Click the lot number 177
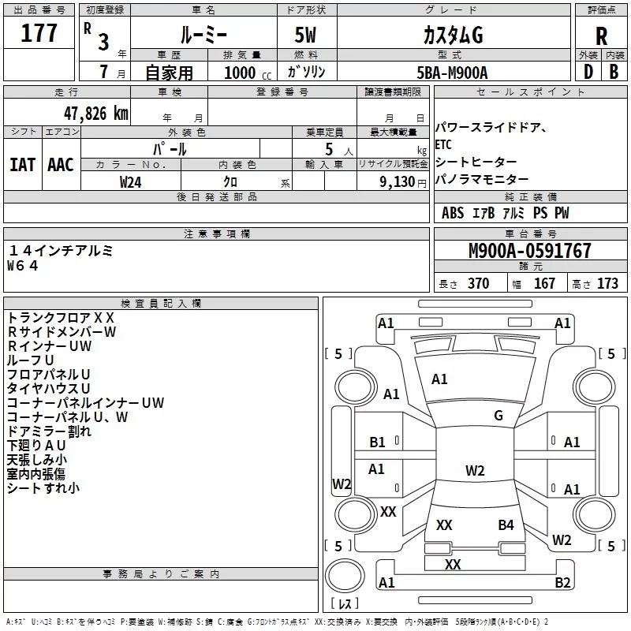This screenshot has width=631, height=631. click(x=39, y=33)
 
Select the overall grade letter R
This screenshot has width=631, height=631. click(x=601, y=36)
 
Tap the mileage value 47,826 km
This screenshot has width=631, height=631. click(x=95, y=114)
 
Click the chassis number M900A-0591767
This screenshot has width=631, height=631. click(x=530, y=251)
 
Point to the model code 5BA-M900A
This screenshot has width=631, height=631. click(x=452, y=73)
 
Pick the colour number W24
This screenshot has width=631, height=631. click(x=130, y=182)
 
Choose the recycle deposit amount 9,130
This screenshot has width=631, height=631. click(x=398, y=182)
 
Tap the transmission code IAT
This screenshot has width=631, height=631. click(x=22, y=165)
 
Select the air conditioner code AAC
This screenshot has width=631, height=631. click(x=61, y=165)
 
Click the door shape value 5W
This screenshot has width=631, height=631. click(x=305, y=35)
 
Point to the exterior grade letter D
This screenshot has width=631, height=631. click(x=588, y=72)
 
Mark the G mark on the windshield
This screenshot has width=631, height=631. click(x=498, y=416)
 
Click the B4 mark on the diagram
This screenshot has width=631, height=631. click(x=506, y=525)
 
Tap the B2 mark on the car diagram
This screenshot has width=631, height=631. click(x=562, y=582)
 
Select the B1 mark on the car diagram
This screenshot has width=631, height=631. click(x=377, y=442)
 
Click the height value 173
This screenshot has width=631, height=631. click(x=607, y=283)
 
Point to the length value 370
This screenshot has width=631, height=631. click(x=479, y=283)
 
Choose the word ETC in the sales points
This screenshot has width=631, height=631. click(x=443, y=144)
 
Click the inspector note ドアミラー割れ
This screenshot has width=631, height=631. click(x=49, y=431)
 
